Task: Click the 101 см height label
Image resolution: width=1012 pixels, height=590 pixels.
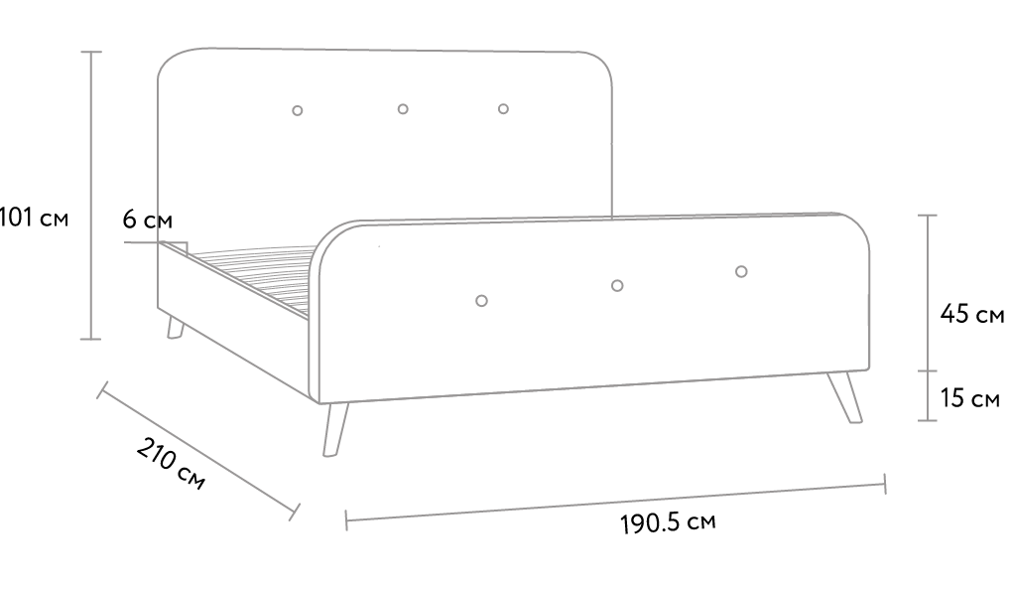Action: (x=34, y=218)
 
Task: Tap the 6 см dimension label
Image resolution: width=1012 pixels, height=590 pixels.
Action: (x=148, y=220)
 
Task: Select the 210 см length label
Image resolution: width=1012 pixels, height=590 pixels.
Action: (x=171, y=463)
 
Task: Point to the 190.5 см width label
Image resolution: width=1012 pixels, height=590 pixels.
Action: (x=668, y=522)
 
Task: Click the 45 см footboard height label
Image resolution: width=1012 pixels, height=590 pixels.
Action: (x=972, y=314)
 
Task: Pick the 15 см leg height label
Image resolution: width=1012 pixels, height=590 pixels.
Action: (x=970, y=398)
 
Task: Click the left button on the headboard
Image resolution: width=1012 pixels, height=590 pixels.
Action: (x=298, y=110)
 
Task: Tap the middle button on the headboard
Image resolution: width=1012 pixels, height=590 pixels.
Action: (x=403, y=109)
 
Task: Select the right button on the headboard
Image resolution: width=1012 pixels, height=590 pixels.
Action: (x=503, y=108)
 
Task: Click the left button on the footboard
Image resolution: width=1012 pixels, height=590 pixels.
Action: (x=481, y=301)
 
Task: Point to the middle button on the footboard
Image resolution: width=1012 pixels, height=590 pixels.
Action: (x=617, y=286)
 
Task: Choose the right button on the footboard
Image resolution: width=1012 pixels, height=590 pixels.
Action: (x=741, y=271)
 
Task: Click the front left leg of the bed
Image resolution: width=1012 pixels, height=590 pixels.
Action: (x=335, y=430)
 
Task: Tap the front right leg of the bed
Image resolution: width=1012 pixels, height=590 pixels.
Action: (x=845, y=398)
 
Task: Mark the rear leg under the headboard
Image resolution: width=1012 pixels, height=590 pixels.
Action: (x=175, y=328)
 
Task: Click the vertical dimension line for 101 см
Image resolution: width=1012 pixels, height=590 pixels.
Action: (x=91, y=195)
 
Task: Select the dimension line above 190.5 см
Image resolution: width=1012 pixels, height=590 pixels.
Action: (x=616, y=502)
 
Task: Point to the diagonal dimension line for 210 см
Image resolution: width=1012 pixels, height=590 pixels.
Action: (x=198, y=450)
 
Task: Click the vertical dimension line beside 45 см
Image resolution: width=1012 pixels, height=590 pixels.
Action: (x=928, y=293)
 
